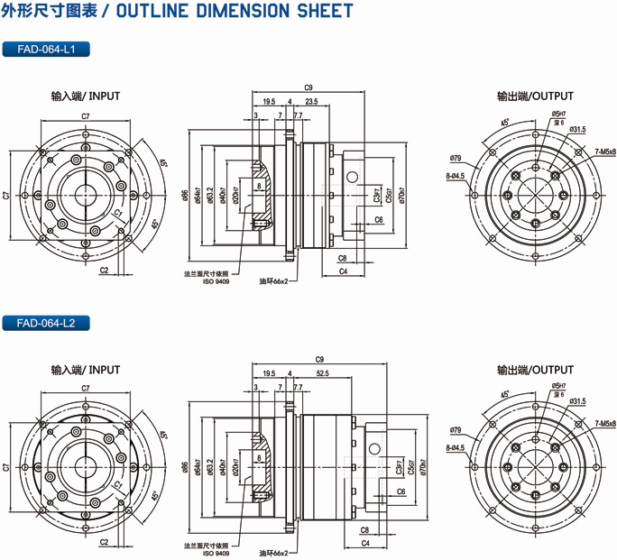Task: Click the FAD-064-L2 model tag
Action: click(x=46, y=323)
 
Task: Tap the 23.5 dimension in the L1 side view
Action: click(x=310, y=102)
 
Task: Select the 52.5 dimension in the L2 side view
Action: click(x=322, y=373)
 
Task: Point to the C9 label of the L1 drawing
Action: click(x=308, y=87)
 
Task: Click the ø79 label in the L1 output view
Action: click(x=455, y=160)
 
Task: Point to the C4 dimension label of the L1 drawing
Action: click(x=344, y=271)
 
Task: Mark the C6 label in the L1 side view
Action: click(x=378, y=219)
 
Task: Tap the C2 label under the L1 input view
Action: click(x=104, y=270)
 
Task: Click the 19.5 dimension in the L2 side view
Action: click(x=269, y=373)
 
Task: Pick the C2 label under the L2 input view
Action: click(x=104, y=542)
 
